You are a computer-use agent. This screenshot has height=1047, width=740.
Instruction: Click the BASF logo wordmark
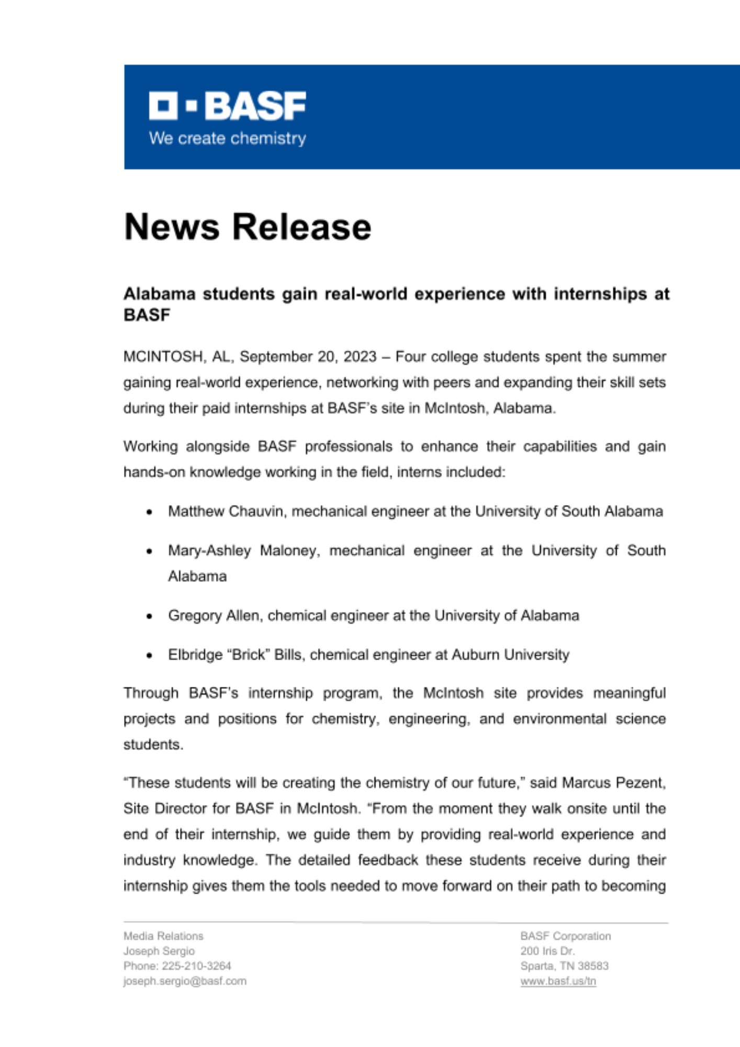pos(228,106)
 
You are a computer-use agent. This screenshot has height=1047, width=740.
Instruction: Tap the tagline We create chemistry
pos(228,138)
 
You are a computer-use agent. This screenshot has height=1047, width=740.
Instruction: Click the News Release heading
pos(248,227)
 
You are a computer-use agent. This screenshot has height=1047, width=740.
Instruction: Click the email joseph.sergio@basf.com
pos(185,981)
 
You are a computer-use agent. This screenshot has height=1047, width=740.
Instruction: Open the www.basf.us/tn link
pos(558,981)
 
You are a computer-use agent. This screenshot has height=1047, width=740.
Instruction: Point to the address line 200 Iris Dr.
pos(547,951)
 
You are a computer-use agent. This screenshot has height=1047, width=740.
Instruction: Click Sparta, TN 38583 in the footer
pos(564,966)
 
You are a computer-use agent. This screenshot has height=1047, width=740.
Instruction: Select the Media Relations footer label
pos(163,936)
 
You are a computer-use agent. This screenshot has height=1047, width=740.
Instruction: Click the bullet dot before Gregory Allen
pos(150,617)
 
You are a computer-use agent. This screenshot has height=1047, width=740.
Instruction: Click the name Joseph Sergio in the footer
pos(159,951)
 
